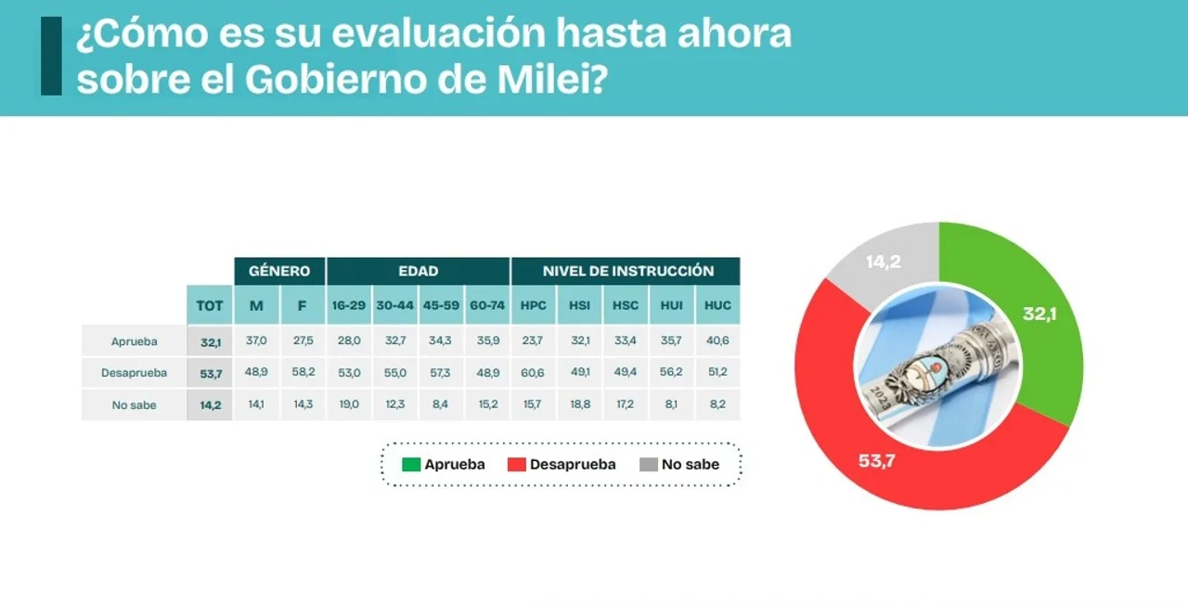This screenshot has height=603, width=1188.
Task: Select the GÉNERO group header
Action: (279, 271)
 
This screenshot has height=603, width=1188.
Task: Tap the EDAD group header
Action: (418, 271)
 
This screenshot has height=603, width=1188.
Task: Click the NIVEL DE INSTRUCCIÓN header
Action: (628, 271)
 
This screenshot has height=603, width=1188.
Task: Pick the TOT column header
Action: (210, 305)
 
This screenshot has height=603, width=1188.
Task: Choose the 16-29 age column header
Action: (349, 305)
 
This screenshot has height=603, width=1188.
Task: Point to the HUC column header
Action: (717, 305)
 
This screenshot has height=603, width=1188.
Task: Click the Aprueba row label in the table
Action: (135, 341)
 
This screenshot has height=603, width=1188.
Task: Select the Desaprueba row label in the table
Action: (135, 373)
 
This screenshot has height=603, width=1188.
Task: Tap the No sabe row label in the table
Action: (135, 404)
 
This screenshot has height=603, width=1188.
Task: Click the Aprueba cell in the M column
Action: (256, 340)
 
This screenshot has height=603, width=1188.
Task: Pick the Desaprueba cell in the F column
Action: (303, 373)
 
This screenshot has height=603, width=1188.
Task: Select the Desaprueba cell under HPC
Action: (533, 373)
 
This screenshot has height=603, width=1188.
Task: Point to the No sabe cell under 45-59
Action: (441, 404)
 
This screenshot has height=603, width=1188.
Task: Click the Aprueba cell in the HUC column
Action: (717, 340)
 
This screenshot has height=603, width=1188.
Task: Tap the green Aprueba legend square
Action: (411, 464)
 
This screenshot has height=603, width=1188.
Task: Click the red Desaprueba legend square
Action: (517, 464)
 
